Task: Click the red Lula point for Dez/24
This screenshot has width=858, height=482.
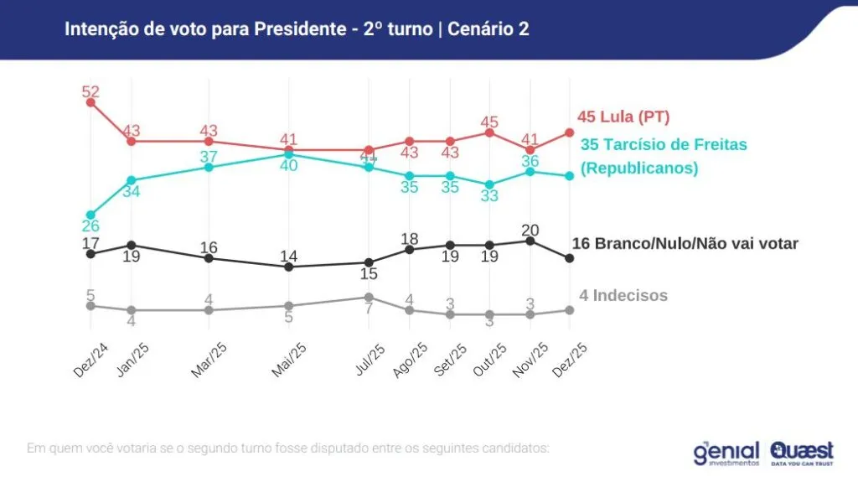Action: coord(91,102)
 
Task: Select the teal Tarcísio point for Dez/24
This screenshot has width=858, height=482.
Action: coord(91,215)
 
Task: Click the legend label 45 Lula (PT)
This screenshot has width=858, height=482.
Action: coord(623,117)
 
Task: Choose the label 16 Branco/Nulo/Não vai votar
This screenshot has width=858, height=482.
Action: coord(685,244)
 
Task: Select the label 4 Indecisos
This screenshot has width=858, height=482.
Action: coord(623,295)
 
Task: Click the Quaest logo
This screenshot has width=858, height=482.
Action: coord(801,453)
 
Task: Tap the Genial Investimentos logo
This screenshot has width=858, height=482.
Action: coord(726,453)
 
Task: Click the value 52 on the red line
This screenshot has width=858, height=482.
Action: coord(91,91)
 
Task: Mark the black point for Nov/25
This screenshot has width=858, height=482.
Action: coord(530,241)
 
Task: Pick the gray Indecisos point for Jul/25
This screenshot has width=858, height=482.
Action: coord(369,297)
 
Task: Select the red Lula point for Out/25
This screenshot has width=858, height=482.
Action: coord(490,132)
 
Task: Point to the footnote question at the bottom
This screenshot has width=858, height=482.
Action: coord(288,448)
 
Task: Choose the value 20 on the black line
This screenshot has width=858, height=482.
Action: coord(530,229)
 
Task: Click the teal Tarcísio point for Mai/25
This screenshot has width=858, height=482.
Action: coord(288,154)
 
